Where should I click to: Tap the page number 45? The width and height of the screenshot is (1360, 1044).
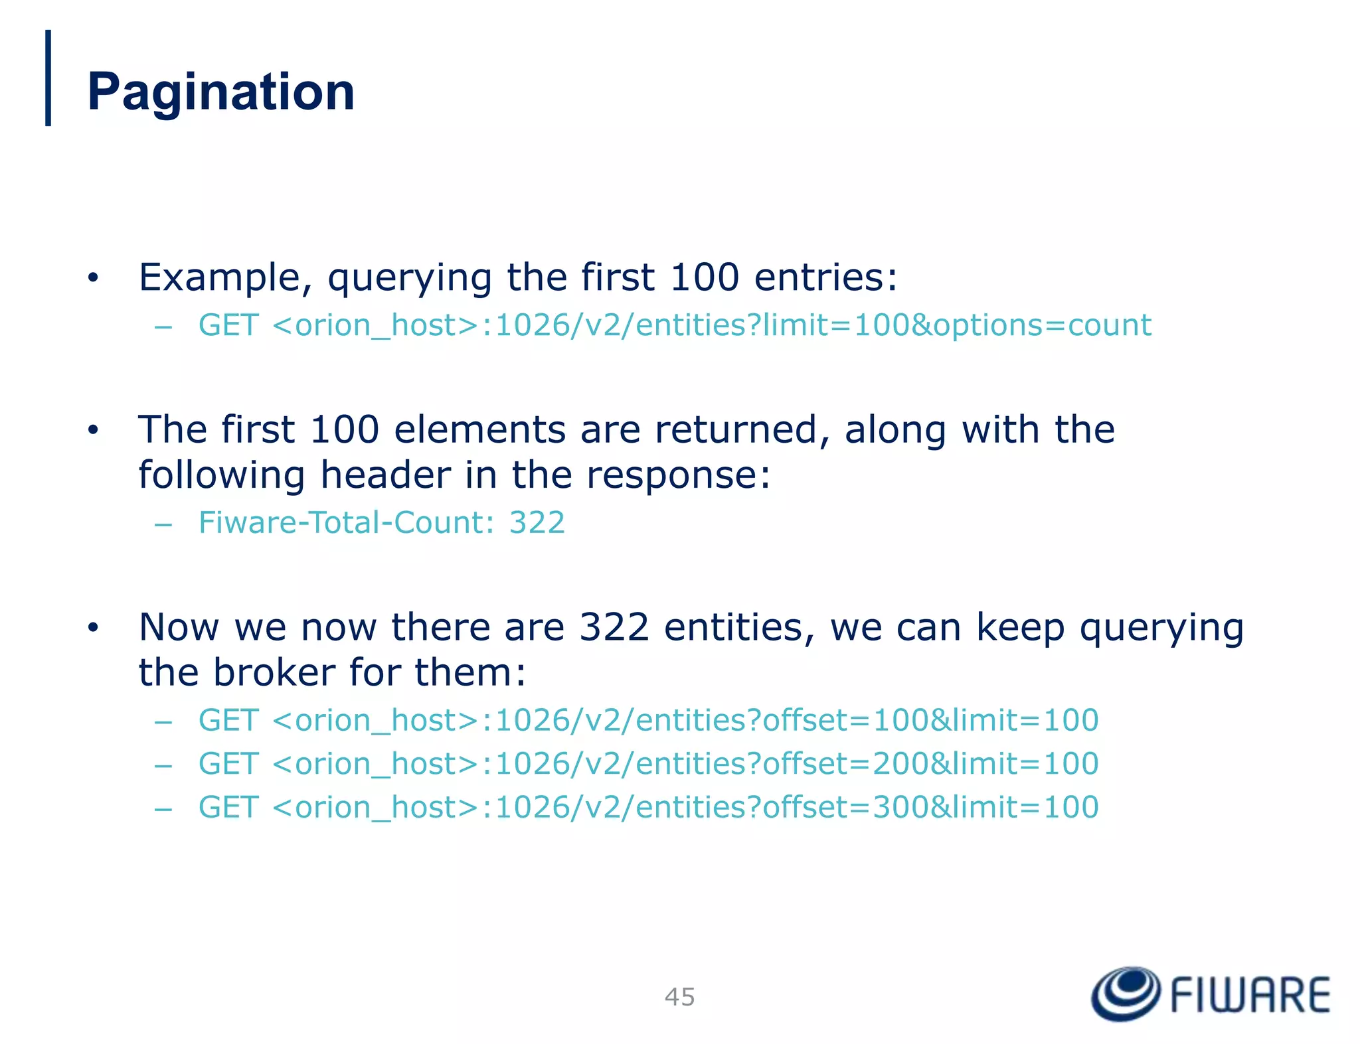(x=679, y=997)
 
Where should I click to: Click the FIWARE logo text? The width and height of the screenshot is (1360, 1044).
(x=1250, y=995)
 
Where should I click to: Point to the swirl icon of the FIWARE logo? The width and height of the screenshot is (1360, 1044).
(x=1126, y=994)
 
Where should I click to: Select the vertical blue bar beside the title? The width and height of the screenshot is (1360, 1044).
(x=48, y=78)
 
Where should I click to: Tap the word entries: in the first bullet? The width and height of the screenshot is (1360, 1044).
(x=825, y=277)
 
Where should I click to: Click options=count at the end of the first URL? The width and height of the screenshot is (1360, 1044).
(x=1042, y=325)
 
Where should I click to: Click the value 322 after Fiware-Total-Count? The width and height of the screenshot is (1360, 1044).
(x=537, y=522)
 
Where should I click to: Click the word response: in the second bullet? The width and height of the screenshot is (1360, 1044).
(x=678, y=475)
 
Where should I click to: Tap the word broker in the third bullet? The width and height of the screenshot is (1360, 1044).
(x=274, y=672)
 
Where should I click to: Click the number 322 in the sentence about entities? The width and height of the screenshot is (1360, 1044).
(x=614, y=627)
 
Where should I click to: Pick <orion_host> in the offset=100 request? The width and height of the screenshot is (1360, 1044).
(x=375, y=720)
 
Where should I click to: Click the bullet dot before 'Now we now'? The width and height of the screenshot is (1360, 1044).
(x=93, y=627)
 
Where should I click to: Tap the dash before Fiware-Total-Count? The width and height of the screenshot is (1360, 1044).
(x=163, y=524)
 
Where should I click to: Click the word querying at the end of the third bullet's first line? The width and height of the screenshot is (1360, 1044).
(x=1161, y=627)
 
